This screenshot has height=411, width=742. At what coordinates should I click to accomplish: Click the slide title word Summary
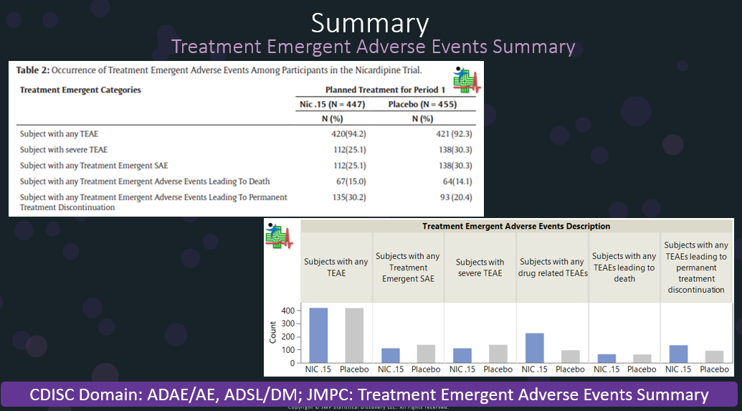(x=370, y=23)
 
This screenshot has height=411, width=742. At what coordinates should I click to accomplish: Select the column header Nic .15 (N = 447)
(x=332, y=105)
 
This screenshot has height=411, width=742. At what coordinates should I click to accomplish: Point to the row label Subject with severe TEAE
(x=64, y=149)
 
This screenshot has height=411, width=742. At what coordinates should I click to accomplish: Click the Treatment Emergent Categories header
(x=80, y=90)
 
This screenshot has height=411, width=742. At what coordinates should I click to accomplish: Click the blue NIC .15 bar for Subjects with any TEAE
(x=318, y=335)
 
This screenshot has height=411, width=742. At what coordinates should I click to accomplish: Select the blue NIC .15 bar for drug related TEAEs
(x=535, y=348)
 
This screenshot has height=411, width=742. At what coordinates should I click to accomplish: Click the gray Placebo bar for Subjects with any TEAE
(x=354, y=335)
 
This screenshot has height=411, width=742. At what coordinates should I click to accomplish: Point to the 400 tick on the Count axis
(x=287, y=311)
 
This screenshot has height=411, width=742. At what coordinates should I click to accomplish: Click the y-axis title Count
(x=272, y=332)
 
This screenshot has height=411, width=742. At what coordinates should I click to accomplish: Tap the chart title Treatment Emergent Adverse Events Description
(x=516, y=226)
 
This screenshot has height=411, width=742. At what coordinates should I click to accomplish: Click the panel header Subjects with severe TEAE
(x=480, y=267)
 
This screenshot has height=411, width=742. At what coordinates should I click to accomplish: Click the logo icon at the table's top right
(x=467, y=79)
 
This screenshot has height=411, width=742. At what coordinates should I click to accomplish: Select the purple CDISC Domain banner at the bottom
(x=370, y=395)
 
